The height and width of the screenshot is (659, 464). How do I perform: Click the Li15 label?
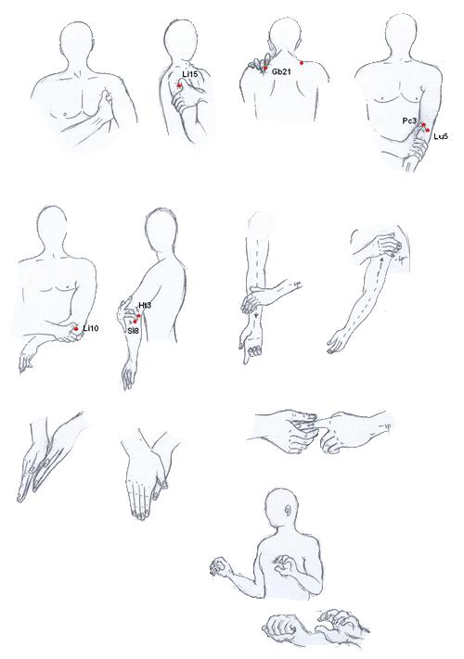(x=189, y=74)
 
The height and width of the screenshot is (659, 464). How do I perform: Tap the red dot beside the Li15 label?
(x=179, y=85)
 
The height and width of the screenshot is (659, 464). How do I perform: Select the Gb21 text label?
(x=281, y=72)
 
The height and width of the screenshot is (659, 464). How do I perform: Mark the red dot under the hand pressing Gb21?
(x=265, y=69)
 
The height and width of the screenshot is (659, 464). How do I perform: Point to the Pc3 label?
(x=409, y=121)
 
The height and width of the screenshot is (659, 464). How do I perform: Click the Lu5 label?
(x=441, y=136)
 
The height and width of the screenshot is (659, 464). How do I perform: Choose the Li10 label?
(x=90, y=328)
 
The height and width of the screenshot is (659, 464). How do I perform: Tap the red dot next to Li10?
(x=76, y=330)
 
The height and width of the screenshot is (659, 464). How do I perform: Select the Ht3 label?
(x=145, y=305)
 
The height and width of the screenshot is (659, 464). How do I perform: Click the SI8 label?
(x=133, y=330)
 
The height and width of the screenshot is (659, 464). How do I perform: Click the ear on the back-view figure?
(x=288, y=511)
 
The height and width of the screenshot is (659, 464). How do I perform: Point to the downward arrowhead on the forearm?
(x=256, y=315)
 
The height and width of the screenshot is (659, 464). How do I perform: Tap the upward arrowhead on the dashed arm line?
(x=382, y=260)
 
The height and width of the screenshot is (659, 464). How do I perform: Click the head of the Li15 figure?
(x=181, y=38)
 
